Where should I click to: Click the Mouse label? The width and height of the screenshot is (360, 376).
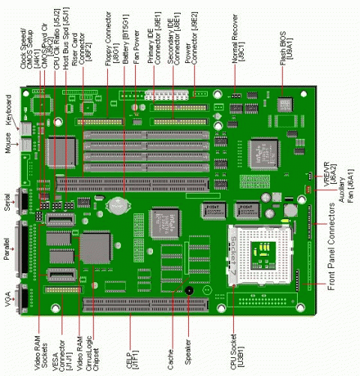click(x=8, y=142)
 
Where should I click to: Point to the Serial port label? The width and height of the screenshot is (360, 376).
click(x=8, y=203)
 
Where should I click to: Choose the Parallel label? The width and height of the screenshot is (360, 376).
click(x=8, y=247)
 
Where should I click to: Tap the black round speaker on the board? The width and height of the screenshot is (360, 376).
click(x=188, y=290)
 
